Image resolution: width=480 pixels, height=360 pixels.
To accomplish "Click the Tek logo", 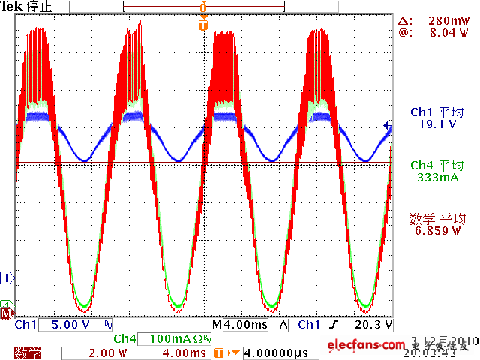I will click(13, 7).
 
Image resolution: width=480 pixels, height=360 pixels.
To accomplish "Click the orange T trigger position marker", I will click(202, 25).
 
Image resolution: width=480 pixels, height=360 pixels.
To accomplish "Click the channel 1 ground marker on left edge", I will click(7, 278).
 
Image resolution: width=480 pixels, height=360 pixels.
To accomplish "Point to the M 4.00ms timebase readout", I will click(240, 325).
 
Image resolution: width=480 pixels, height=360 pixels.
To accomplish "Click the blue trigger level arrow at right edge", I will click(387, 126).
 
